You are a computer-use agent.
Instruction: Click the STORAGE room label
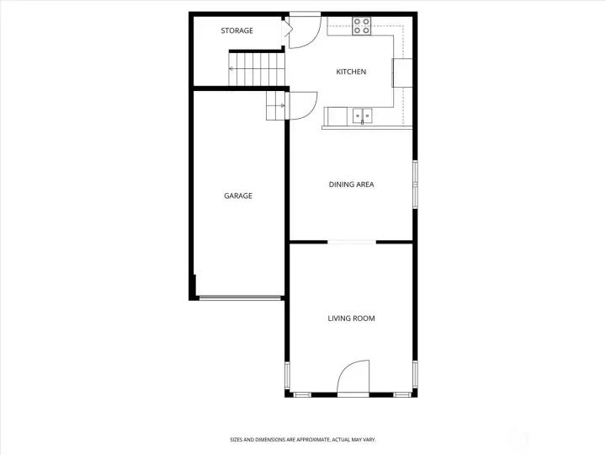click(x=237, y=30)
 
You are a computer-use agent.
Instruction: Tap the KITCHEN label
click(x=351, y=72)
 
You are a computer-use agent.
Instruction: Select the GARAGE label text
click(x=238, y=195)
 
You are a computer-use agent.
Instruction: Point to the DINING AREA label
click(x=351, y=185)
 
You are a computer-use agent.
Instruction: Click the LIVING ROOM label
click(x=351, y=318)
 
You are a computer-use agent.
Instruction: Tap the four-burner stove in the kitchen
click(x=362, y=26)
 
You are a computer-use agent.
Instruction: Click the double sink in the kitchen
click(x=363, y=116)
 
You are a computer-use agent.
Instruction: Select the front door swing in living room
click(x=353, y=377)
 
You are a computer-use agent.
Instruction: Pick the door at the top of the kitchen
click(x=305, y=32)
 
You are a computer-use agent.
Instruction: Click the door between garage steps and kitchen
click(x=303, y=105)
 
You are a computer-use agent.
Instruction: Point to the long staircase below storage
click(x=257, y=69)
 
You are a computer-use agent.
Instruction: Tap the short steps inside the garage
click(x=276, y=105)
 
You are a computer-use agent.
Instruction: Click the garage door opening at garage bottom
click(x=240, y=297)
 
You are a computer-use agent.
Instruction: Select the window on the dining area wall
click(x=415, y=185)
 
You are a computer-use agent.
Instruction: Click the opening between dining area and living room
click(x=352, y=242)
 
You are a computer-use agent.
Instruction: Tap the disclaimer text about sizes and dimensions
click(x=303, y=440)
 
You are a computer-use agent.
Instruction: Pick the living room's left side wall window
click(x=287, y=375)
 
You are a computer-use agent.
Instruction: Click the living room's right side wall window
click(x=415, y=374)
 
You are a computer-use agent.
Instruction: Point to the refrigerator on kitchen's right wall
click(x=402, y=72)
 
